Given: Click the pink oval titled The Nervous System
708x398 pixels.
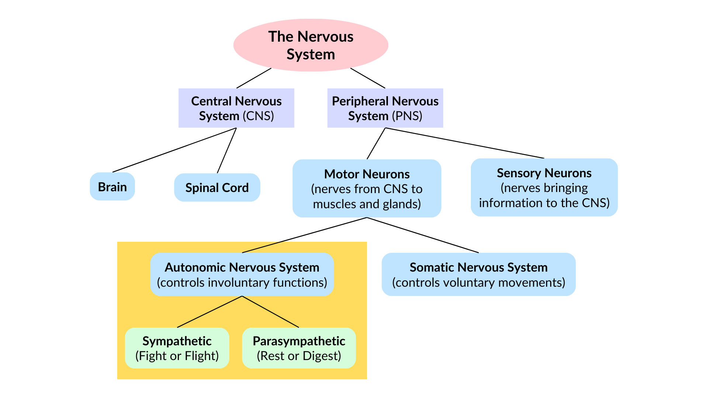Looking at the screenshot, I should tap(310, 45).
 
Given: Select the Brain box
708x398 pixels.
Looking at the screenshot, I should tap(112, 187).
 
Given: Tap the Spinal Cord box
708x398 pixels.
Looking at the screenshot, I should tap(217, 188).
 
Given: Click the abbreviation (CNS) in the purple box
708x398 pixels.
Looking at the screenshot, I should tap(258, 116).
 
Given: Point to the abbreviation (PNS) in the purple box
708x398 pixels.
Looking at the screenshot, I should tap(407, 116).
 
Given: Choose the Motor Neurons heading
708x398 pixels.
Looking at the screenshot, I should tap(367, 174).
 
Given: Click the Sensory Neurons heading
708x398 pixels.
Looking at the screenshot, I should tap(544, 173).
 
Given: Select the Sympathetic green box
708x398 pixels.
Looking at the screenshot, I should tap(177, 348).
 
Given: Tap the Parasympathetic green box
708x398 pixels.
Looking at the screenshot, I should tap(299, 348).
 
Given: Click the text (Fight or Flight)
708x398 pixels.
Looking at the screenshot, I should tap(177, 356).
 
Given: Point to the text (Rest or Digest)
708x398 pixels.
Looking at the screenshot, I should tap(299, 356).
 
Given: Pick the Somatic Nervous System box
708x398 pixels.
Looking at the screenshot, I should tap(478, 274).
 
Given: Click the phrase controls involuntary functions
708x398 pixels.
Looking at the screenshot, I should tap(242, 283).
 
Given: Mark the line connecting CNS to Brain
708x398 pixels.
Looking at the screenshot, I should tap(174, 150).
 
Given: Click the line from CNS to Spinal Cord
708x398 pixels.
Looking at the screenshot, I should tap(227, 150).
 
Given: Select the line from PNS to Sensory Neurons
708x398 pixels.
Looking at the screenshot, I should tap(465, 143).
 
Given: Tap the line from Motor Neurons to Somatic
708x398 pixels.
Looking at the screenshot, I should tap(423, 235).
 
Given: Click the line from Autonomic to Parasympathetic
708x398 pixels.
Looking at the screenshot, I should tap(270, 311).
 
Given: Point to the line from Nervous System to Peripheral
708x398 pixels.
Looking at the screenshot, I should tap(368, 78).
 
